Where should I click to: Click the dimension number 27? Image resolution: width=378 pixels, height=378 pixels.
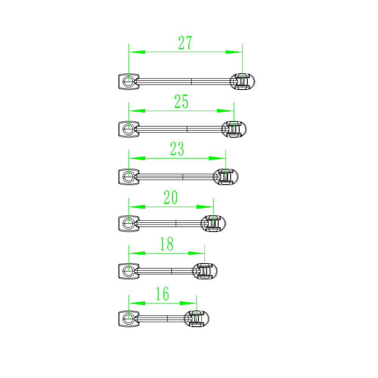185,43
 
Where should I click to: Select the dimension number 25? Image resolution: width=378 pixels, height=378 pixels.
181,101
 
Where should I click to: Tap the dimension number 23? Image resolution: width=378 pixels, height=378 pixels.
177,149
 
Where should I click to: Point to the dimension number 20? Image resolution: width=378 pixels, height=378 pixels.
171,197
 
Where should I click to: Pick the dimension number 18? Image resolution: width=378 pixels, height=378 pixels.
167,244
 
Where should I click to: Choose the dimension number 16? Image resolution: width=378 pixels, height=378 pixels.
162,293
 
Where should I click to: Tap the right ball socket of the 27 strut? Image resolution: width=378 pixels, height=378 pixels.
242,82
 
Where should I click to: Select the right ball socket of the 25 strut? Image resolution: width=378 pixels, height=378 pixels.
234,129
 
